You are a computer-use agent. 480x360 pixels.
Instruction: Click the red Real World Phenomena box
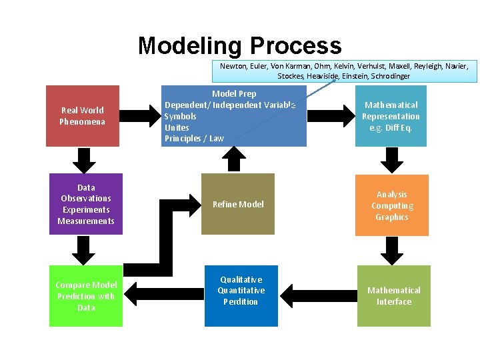click(x=83, y=116)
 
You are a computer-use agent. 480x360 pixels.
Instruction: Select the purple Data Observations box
click(x=86, y=204)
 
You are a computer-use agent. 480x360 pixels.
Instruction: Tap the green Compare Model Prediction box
click(x=86, y=296)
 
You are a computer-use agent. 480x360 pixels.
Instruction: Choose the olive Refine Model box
click(x=238, y=204)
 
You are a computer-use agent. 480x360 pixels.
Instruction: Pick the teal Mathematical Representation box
click(x=391, y=116)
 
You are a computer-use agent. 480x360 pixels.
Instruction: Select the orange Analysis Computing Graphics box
click(x=392, y=205)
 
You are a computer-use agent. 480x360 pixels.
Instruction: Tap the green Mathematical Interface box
click(x=394, y=296)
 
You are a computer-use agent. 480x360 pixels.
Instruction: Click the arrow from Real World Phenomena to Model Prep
click(x=142, y=116)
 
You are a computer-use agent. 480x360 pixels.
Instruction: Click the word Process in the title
click(x=295, y=45)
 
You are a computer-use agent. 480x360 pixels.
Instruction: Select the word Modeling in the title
click(x=190, y=45)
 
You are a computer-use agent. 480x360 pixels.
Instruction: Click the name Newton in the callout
click(x=233, y=66)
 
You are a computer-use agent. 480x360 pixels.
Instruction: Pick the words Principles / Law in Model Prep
click(x=194, y=139)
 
